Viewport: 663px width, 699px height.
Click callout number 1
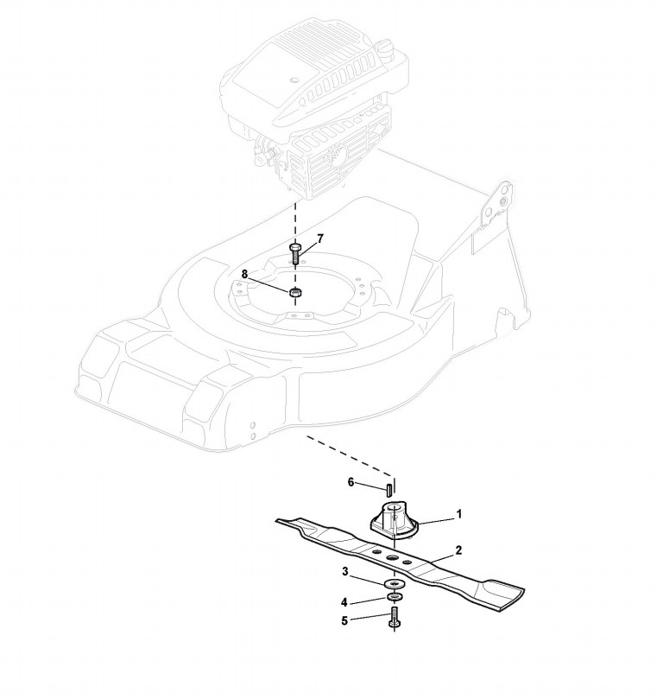click(x=459, y=514)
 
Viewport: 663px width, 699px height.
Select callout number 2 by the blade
click(x=459, y=550)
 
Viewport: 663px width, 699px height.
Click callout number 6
click(x=351, y=482)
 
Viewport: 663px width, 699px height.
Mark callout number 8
click(x=244, y=274)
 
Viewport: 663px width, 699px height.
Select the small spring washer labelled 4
click(x=395, y=597)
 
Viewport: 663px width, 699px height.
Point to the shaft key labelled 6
click(x=389, y=489)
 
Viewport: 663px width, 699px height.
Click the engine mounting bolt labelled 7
click(x=294, y=253)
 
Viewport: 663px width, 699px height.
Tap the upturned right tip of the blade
click(x=505, y=596)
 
